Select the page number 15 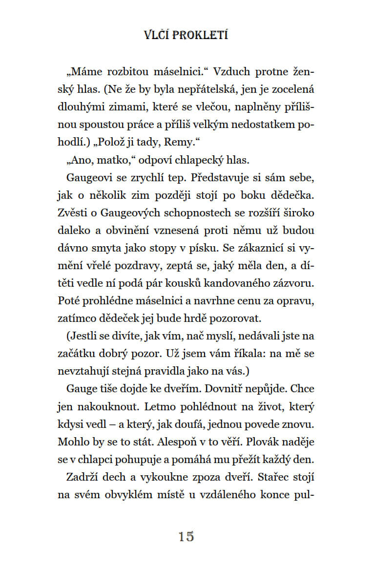click(186, 536)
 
